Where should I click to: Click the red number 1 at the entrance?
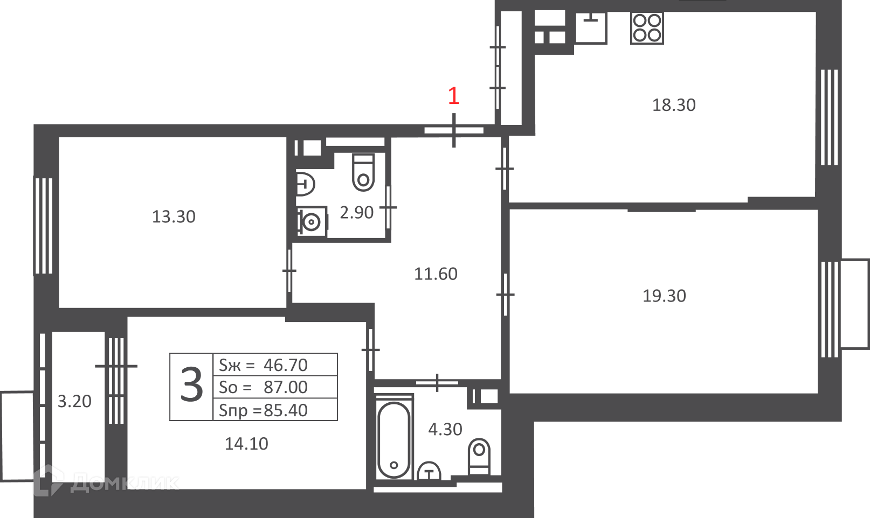[454, 96]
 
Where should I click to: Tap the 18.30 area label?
[674, 105]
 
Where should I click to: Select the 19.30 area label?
[664, 296]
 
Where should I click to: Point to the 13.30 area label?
[174, 217]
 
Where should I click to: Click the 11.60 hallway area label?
[436, 274]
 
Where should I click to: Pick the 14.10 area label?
[247, 444]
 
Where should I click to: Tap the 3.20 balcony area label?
[74, 401]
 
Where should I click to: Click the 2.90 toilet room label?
[356, 213]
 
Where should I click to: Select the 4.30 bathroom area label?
[445, 430]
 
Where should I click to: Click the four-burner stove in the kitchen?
[647, 28]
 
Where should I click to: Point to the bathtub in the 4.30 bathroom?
[394, 440]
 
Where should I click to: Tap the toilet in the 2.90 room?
[363, 172]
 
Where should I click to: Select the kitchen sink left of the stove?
[591, 27]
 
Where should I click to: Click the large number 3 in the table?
[191, 385]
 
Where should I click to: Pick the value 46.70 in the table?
[286, 365]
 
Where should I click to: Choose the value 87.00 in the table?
[286, 387]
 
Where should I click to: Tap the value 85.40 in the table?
[286, 410]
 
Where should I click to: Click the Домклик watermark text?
[125, 483]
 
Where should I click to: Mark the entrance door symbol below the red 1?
[454, 130]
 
